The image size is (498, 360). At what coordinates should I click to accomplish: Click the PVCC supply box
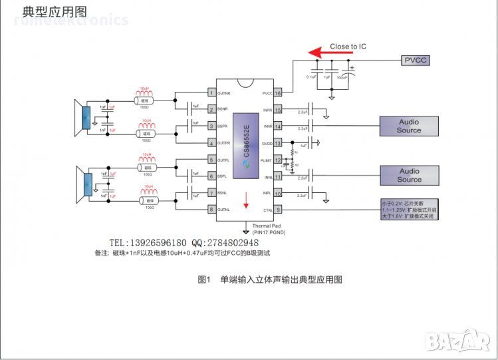coord(416,60)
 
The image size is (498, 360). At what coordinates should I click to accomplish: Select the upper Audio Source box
coord(409,126)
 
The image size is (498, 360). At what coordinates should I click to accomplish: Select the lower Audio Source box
coord(409,176)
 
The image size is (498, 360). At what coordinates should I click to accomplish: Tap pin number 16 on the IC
coord(278,93)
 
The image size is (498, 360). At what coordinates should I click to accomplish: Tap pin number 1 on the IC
coord(212,93)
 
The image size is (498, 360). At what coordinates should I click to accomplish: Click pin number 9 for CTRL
coord(278,210)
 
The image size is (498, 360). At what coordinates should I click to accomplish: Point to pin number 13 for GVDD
coord(278,143)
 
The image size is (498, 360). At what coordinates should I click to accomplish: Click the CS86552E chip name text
coord(246,140)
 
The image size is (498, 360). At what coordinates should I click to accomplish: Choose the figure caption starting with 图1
coord(270,280)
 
